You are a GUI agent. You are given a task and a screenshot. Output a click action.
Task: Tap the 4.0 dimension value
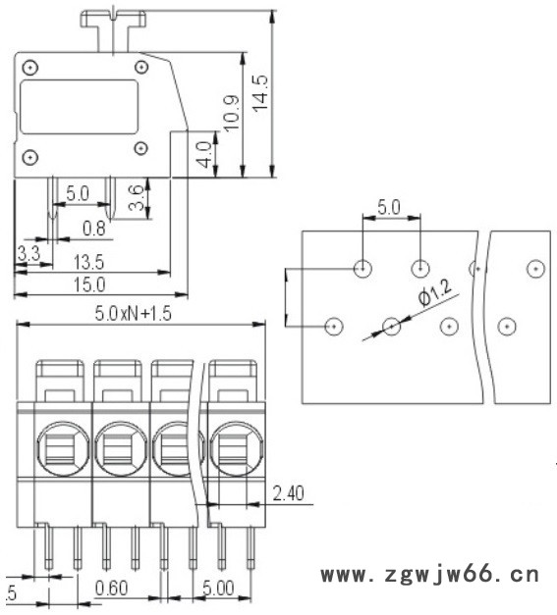pos(202,154)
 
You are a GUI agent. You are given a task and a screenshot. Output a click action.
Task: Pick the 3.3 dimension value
pos(28,255)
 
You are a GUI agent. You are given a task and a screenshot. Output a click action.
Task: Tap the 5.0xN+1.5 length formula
pos(138,314)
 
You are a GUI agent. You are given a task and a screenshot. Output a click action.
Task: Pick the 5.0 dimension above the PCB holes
pos(390,207)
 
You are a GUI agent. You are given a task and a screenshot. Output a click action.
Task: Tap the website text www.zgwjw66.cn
pos(430,573)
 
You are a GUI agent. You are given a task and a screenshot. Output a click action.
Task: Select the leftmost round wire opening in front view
pos(62,448)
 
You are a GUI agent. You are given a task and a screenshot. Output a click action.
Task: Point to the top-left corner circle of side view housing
pos(32,67)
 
